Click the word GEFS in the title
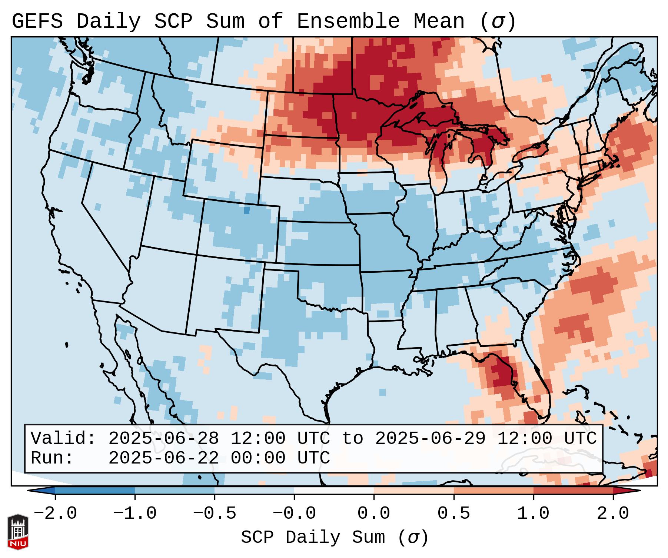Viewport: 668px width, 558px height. point(37,21)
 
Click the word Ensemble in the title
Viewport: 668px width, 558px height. point(348,21)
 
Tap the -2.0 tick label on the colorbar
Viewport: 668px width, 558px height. point(55,514)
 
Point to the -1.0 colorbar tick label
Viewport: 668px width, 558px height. point(135,514)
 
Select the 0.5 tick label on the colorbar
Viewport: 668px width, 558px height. point(453,514)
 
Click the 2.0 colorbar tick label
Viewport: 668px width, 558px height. point(613,514)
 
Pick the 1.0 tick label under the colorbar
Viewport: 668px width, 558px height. point(533,514)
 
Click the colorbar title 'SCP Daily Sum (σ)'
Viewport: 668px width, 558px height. point(334,537)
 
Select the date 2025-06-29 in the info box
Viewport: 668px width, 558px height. point(430,438)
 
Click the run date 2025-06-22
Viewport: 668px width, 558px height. point(163,458)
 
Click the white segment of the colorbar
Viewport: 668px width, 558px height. point(334,491)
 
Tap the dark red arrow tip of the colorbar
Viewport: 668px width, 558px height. point(630,491)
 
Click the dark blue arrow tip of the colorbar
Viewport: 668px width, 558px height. point(39,491)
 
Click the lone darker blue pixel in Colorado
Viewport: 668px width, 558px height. point(247,210)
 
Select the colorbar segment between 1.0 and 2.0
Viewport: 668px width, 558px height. point(573,491)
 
